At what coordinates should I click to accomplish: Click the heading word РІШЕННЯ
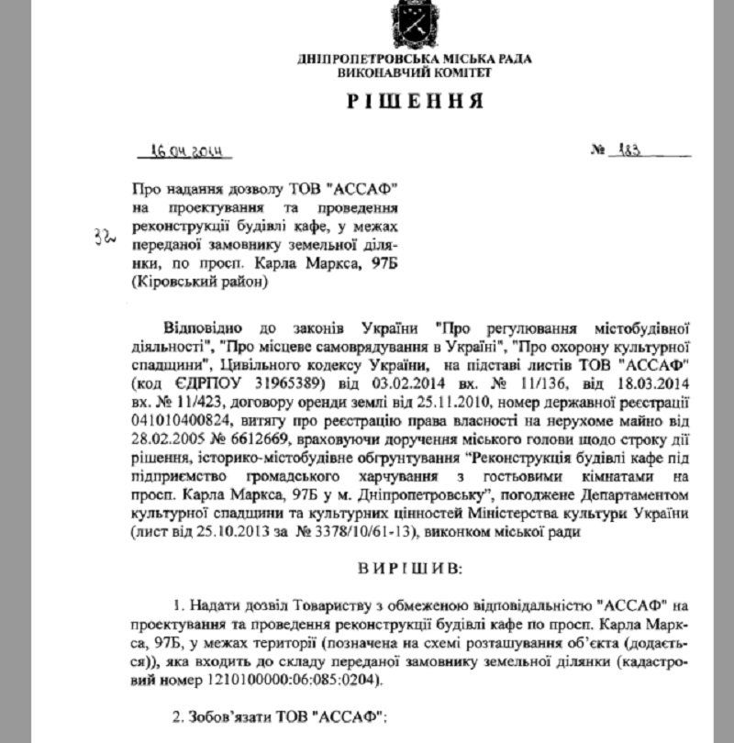point(415,100)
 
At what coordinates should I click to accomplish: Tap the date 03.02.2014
point(386,380)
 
